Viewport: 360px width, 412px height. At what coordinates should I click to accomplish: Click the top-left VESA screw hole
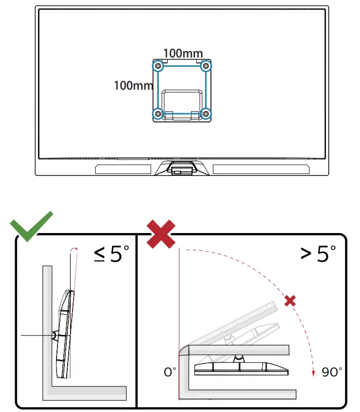click(157, 65)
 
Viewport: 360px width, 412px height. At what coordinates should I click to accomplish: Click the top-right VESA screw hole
click(206, 65)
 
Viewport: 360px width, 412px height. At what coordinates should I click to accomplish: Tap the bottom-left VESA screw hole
click(157, 114)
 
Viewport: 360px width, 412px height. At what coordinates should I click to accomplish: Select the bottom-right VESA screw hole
click(206, 114)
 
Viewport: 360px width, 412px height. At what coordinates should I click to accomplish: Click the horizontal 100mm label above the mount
click(183, 53)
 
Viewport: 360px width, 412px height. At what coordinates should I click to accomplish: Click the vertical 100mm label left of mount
click(133, 85)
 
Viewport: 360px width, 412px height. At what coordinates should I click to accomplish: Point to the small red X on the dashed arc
click(290, 301)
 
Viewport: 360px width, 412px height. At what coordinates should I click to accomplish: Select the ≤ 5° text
click(112, 255)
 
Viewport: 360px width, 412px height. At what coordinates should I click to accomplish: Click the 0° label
click(170, 372)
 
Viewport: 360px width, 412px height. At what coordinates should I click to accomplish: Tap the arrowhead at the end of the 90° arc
click(312, 373)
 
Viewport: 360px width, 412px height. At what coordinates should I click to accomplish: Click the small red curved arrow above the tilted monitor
click(73, 250)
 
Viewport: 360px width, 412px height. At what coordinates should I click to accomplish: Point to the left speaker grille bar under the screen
click(123, 169)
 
